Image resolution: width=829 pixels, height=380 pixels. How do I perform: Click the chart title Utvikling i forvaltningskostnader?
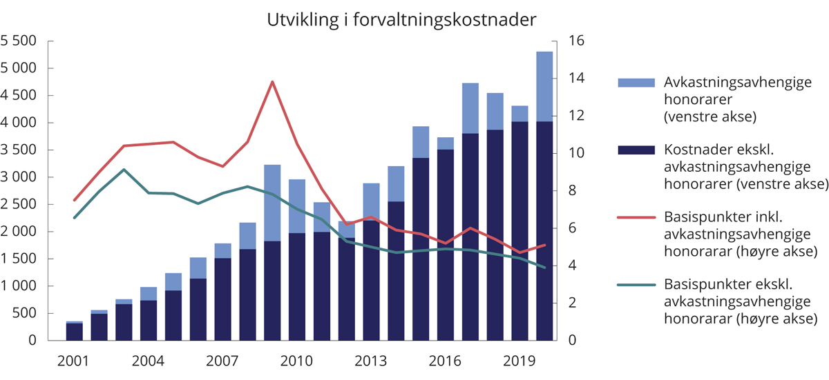click(x=401, y=20)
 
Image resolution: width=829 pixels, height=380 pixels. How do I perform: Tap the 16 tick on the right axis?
click(x=576, y=41)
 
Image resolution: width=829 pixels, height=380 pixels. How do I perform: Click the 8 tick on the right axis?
click(x=572, y=191)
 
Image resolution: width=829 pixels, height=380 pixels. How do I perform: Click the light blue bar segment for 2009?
click(x=272, y=203)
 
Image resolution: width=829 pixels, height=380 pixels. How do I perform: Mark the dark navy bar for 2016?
click(x=446, y=245)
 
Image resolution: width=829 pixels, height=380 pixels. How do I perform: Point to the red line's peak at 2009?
click(x=272, y=81)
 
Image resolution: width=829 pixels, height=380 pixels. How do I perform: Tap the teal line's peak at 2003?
click(x=124, y=169)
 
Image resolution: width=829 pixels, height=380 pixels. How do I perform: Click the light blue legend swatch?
click(x=636, y=83)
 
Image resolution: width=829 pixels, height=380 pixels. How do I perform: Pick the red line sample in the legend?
click(x=636, y=217)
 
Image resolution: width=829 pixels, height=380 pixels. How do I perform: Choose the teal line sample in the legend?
click(x=636, y=283)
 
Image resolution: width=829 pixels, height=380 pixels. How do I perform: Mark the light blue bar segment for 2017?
click(x=470, y=108)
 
